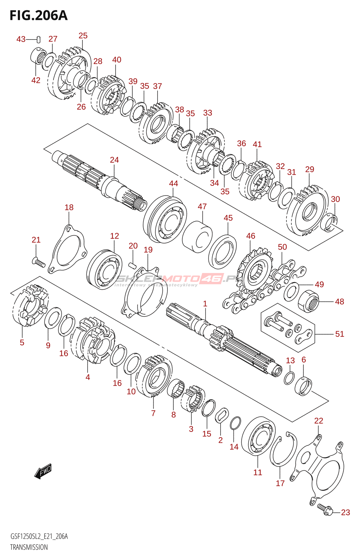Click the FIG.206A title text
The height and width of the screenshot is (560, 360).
pos(39,15)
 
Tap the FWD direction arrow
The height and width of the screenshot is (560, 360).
pos(43,471)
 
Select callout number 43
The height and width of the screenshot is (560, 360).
pos(21,39)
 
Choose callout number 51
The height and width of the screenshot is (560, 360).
pos(339,334)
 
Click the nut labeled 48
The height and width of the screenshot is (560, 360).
pos(309,300)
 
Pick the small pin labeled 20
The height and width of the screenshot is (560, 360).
pos(132,265)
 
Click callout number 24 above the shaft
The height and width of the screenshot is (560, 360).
pos(114,160)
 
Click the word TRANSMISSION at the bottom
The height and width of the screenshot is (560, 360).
pos(29,547)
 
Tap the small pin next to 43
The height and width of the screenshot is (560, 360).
pos(39,40)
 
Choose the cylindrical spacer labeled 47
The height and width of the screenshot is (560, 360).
pos(197,237)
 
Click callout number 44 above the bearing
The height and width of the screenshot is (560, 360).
pos(173,183)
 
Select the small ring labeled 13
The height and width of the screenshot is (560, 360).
pos(289,378)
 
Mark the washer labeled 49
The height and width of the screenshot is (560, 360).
pos(291,291)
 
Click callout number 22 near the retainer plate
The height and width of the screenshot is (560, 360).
pos(318,420)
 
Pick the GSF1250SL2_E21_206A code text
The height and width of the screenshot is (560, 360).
pos(39,536)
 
